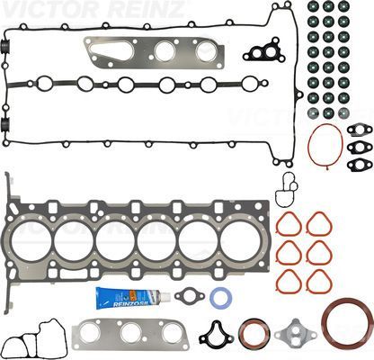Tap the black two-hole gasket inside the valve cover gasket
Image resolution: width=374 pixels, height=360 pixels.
pos(266,52)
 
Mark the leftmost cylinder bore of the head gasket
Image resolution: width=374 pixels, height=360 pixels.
pos(31,241)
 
